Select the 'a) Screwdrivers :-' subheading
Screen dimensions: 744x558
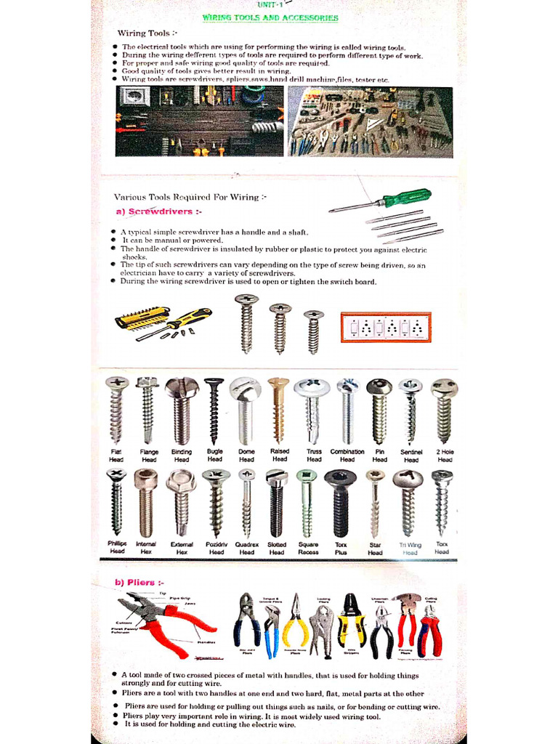click(158, 211)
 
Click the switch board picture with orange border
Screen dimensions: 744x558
click(386, 327)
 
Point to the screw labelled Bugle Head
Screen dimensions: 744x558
click(214, 411)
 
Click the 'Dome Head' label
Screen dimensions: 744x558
click(246, 456)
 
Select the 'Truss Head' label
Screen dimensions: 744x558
click(314, 456)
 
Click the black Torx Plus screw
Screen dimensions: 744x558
click(340, 501)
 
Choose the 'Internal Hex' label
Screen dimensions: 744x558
click(146, 548)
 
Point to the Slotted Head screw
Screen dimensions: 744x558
click(276, 501)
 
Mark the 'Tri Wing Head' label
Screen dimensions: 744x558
click(411, 548)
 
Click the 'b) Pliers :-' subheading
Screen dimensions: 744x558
click(139, 582)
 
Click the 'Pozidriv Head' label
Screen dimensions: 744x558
click(216, 548)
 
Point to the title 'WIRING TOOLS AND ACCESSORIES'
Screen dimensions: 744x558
click(270, 17)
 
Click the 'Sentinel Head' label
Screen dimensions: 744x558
click(411, 456)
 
